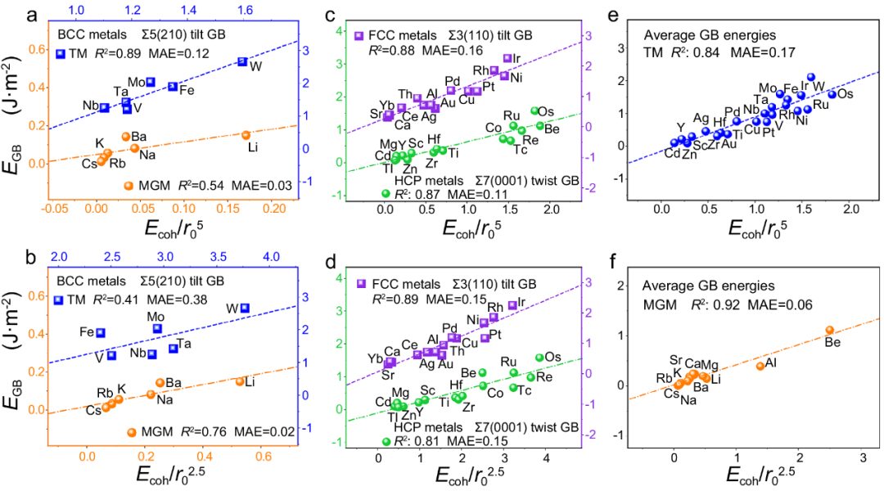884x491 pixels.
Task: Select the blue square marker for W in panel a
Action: coord(242,61)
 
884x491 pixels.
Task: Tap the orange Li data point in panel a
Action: coord(246,135)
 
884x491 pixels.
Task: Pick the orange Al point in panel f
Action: coord(760,366)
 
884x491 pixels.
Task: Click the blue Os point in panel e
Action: coord(832,94)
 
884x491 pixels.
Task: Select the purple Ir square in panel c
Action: coord(507,58)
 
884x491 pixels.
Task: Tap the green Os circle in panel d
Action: coord(539,358)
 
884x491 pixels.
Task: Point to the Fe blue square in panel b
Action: coord(101,332)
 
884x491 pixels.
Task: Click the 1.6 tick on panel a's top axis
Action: coord(244,9)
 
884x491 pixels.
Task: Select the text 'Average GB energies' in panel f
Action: coord(694,286)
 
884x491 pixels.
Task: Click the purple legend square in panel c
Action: coord(359,36)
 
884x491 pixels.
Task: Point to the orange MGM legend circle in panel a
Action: coord(129,186)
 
